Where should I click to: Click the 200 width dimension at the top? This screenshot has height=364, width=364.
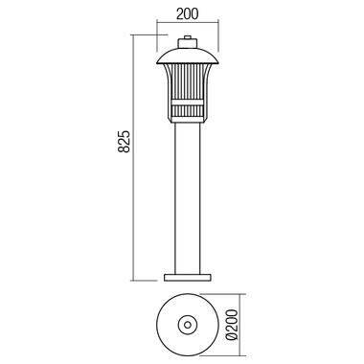[x=187, y=13]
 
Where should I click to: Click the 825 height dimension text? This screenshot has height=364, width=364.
[x=125, y=141]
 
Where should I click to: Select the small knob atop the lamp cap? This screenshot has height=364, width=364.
[x=188, y=37]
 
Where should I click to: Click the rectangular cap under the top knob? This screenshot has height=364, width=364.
[x=188, y=43]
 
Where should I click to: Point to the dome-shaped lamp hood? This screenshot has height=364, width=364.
[x=188, y=57]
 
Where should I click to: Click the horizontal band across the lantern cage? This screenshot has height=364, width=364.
[x=188, y=102]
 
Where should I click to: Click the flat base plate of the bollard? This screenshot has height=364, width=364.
[x=188, y=278]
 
